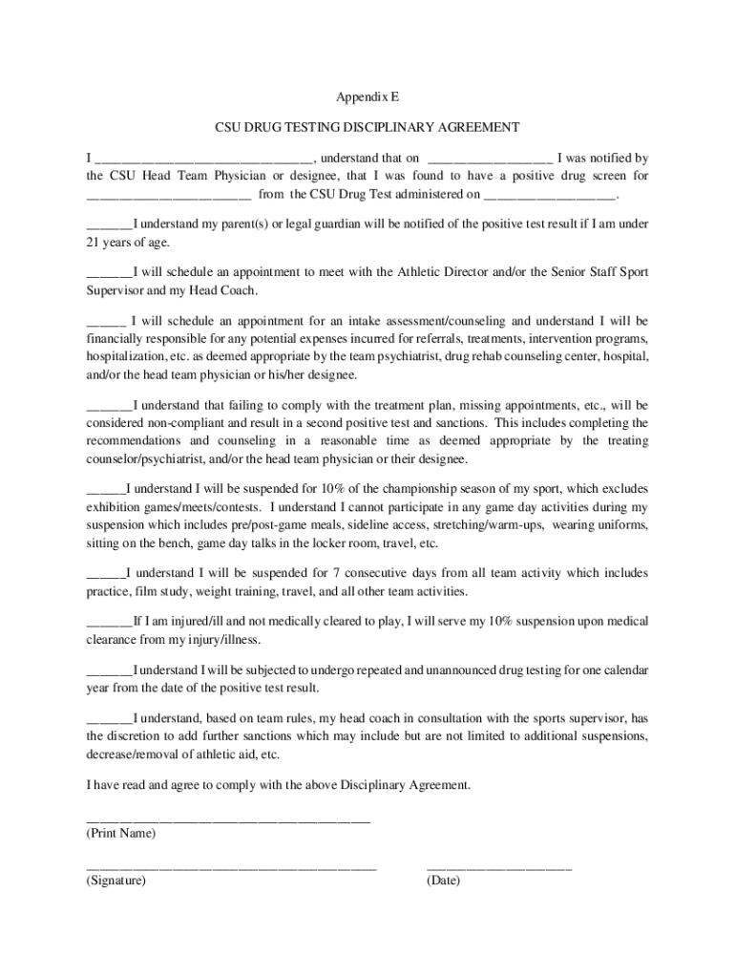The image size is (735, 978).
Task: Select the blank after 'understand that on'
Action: [490, 159]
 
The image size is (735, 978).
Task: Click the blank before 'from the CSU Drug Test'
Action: [169, 196]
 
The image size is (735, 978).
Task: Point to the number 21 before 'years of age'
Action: [94, 243]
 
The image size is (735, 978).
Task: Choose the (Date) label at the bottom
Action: [443, 882]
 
